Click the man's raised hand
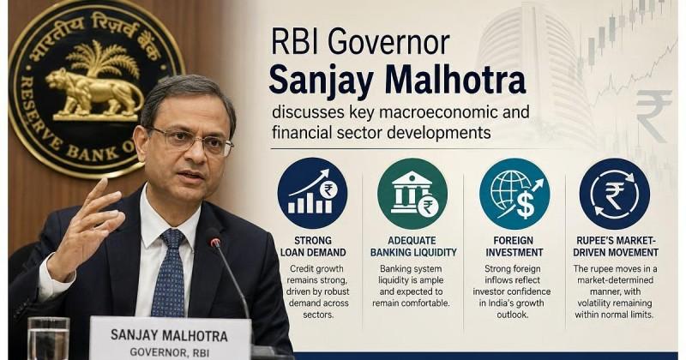click(84, 228)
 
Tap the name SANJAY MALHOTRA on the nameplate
click(169, 336)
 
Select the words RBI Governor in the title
click(360, 43)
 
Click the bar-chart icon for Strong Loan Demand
click(312, 194)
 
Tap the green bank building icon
click(412, 194)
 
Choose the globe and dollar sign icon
click(514, 194)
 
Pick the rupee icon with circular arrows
click(614, 194)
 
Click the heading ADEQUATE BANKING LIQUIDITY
click(413, 247)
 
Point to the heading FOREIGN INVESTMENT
click(514, 247)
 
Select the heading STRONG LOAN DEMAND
click(313, 247)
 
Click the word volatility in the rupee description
click(597, 303)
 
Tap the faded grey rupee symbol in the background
click(653, 116)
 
